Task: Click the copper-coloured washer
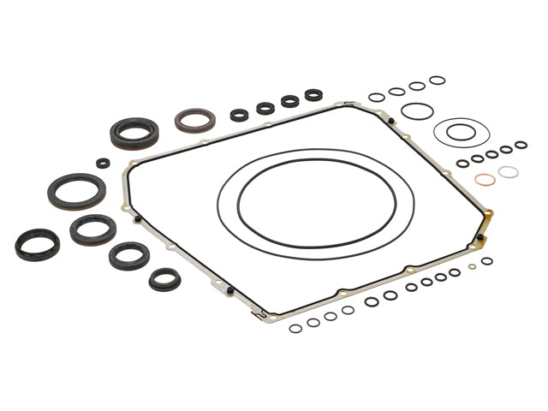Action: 485,179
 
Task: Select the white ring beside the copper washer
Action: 509,172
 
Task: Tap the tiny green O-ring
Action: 473,267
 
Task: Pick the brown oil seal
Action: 195,120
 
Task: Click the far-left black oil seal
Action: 37,244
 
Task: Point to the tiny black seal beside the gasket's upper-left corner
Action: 103,163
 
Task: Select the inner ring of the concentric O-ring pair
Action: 461,131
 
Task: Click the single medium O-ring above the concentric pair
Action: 417,111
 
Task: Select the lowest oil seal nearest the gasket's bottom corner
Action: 164,279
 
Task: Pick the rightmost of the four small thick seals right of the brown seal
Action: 313,95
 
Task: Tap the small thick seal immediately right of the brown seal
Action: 240,115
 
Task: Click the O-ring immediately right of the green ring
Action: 486,261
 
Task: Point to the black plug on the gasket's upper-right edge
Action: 390,121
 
